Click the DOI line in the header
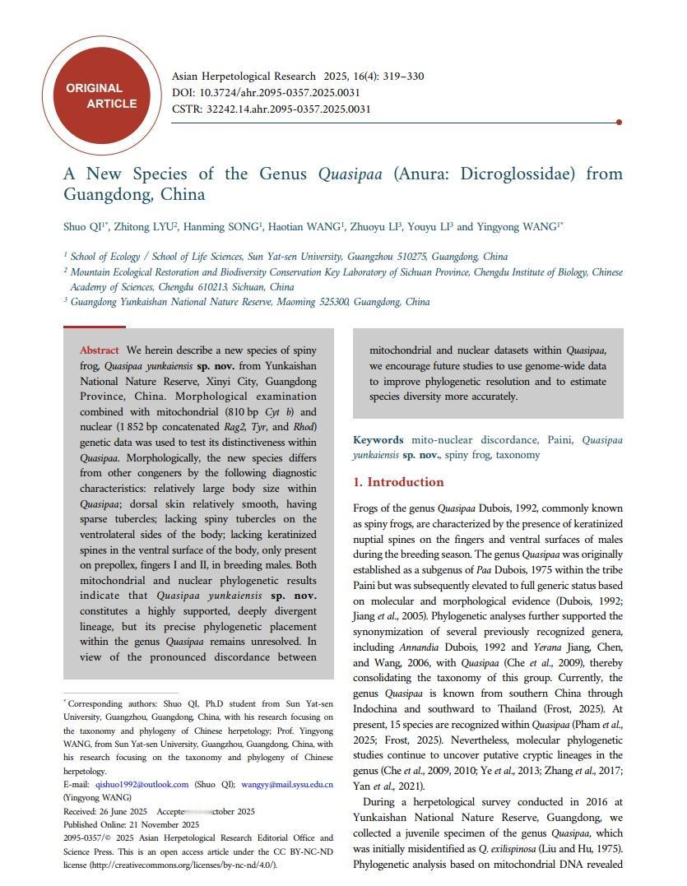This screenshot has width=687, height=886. [266, 93]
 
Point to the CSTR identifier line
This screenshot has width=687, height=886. [271, 109]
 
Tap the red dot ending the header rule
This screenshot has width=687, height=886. [619, 123]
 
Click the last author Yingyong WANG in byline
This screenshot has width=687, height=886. [518, 227]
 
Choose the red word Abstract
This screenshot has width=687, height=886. [99, 350]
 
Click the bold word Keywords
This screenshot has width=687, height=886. [378, 440]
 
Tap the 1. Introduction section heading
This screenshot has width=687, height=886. [398, 482]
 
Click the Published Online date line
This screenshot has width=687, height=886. [131, 824]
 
